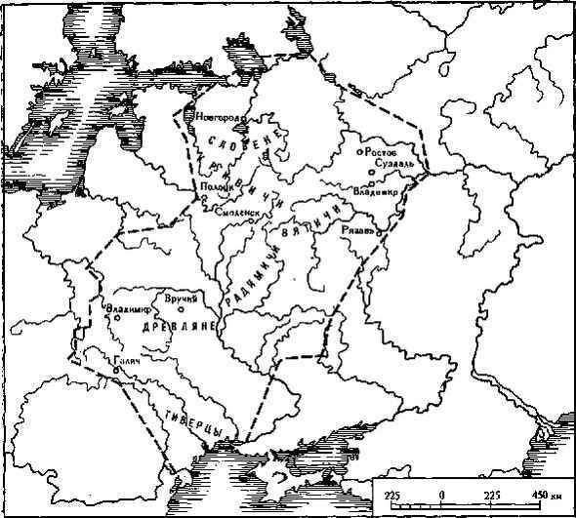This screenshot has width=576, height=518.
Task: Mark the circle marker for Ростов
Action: coord(360,153)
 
